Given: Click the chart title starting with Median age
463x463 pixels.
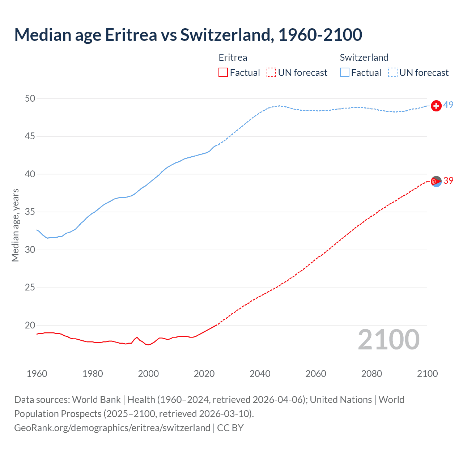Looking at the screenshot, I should [x=188, y=35].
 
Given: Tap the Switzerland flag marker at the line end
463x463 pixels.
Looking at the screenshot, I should [x=436, y=106].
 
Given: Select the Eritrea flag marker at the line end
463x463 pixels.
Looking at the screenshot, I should [x=436, y=182].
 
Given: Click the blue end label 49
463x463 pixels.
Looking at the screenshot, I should [x=448, y=105].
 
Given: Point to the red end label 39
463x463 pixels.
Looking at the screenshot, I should [x=448, y=180].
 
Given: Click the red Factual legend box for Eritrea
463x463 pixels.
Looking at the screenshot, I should [x=223, y=73].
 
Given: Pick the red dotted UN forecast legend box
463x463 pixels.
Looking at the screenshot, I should [x=271, y=73].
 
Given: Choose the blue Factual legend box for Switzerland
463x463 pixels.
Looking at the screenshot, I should [x=345, y=73].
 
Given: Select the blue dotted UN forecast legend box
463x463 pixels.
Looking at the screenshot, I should [x=393, y=73].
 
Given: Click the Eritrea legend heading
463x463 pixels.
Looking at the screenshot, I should [x=233, y=58].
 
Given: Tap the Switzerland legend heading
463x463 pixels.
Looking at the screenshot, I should [x=364, y=58].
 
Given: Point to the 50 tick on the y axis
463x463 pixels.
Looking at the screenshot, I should [x=30, y=98].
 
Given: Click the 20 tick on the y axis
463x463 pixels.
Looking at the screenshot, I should [x=30, y=325].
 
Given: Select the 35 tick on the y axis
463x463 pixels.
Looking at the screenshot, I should [x=30, y=212].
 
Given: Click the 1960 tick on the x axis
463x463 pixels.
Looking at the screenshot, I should [x=37, y=374].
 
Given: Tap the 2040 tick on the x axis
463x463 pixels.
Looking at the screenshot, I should [x=260, y=374].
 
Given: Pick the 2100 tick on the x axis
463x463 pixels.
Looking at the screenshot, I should [x=427, y=374].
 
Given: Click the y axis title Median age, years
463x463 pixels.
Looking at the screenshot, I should [x=15, y=225].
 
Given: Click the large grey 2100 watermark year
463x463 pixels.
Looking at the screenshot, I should [x=388, y=340].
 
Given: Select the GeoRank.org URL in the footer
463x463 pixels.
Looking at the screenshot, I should [x=112, y=428].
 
